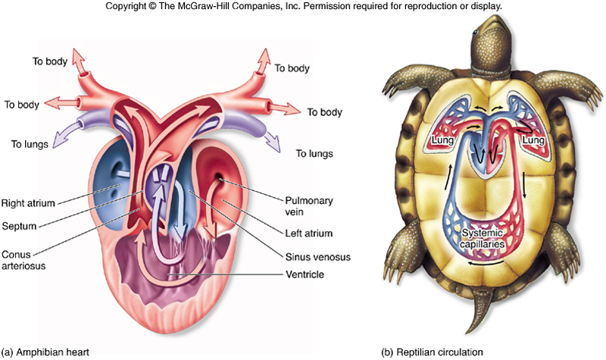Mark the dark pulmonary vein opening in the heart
click(219, 179)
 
